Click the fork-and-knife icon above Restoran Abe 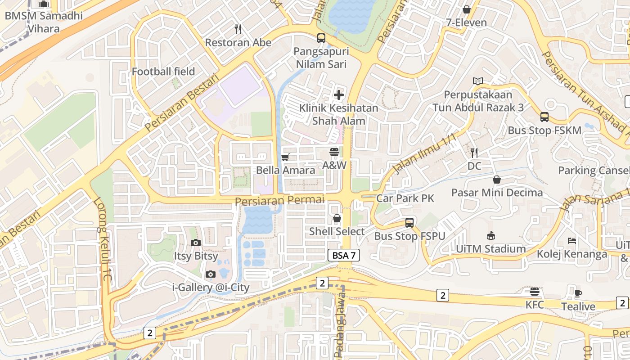point(238,29)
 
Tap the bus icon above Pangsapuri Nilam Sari point(321,38)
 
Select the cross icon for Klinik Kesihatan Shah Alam point(339,95)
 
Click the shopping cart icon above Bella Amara point(285,157)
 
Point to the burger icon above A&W point(334,152)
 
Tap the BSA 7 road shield point(344,256)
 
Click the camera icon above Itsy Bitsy point(196,243)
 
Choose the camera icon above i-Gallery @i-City point(210,274)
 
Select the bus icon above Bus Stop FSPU point(409,222)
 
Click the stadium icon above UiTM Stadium point(490,236)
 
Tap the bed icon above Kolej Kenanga point(572,241)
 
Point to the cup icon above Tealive point(578,293)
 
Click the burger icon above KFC point(535,292)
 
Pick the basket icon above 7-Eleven point(467,9)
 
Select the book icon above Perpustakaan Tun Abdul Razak point(478,81)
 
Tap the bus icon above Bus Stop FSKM point(544,117)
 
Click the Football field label point(163,72)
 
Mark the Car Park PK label point(405,198)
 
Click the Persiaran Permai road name point(279,200)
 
